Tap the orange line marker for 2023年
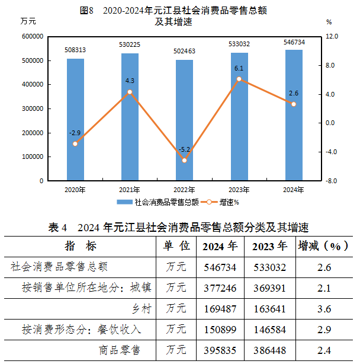[239, 79]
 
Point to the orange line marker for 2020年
[75, 143]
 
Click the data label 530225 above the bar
[130, 44]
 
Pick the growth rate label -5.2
[184, 149]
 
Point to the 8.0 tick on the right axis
[330, 65]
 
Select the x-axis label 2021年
[130, 190]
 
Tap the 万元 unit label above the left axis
[28, 22]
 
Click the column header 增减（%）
[323, 246]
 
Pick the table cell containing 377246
[220, 288]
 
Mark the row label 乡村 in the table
[142, 308]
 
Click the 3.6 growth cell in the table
[323, 308]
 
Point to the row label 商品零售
[120, 350]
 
